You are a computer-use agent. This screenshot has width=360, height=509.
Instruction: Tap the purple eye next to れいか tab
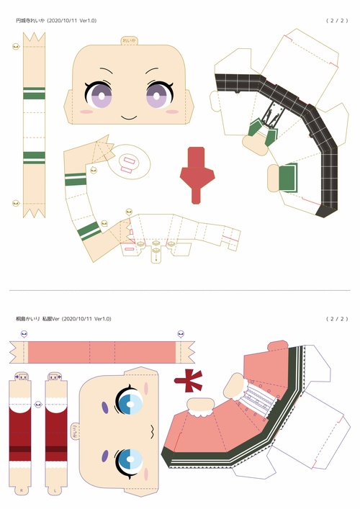click(157, 94)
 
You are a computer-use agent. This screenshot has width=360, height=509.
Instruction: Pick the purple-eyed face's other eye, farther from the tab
click(97, 94)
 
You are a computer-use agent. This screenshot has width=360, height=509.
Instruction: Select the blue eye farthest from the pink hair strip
click(130, 458)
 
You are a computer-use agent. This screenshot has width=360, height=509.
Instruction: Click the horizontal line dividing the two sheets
click(180, 291)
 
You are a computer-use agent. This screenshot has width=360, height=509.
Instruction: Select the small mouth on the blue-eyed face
click(153, 431)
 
